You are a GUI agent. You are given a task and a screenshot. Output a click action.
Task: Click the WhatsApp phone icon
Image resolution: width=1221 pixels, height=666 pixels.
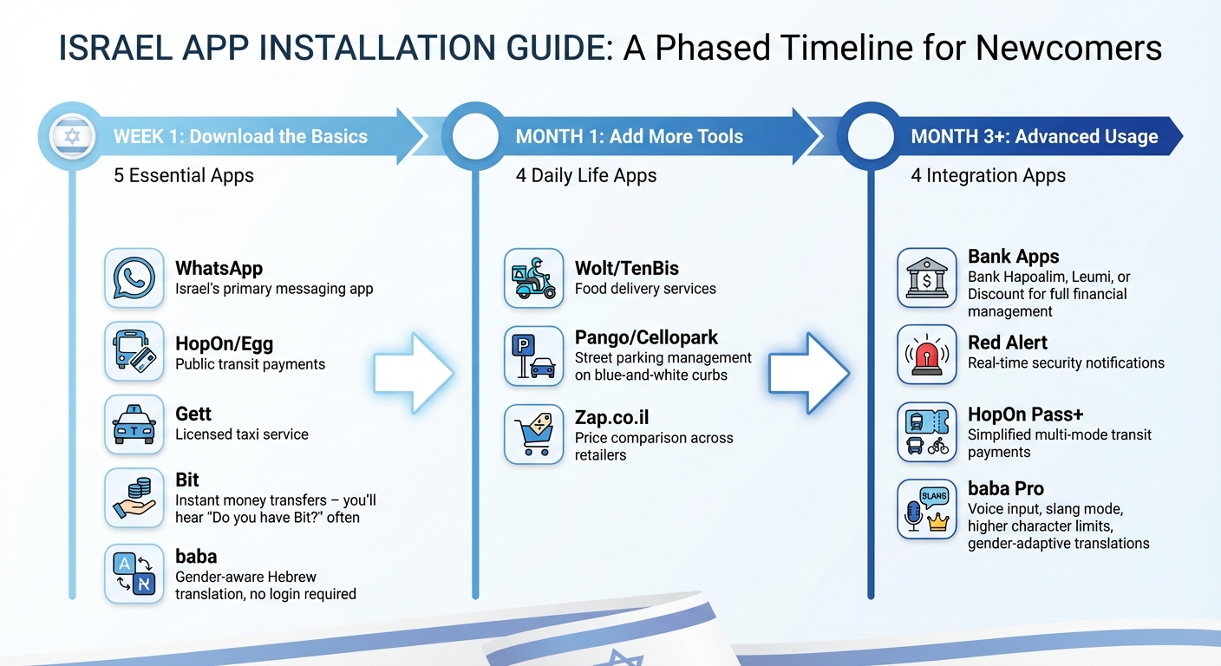pyautogui.click(x=134, y=278)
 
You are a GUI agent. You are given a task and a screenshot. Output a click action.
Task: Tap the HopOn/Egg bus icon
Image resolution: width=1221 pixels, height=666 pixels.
pyautogui.click(x=134, y=351)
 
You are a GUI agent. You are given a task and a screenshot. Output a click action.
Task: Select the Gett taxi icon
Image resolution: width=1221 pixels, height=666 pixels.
pyautogui.click(x=134, y=424)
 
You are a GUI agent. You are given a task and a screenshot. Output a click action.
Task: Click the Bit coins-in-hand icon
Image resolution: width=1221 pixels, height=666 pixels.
pyautogui.click(x=134, y=497)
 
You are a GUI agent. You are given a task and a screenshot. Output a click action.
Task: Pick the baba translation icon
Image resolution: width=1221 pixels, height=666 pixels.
pyautogui.click(x=134, y=573)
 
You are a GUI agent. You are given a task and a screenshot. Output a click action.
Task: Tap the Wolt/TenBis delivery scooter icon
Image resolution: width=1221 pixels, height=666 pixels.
pyautogui.click(x=533, y=278)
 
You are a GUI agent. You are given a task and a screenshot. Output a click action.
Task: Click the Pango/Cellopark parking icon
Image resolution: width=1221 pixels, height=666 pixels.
pyautogui.click(x=533, y=356)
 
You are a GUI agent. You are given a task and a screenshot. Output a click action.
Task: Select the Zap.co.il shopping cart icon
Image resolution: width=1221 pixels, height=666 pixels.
pyautogui.click(x=533, y=434)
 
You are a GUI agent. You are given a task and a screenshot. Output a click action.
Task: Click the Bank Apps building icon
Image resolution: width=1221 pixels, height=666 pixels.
pyautogui.click(x=926, y=278)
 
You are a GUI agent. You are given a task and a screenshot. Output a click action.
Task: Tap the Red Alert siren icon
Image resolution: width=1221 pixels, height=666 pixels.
pyautogui.click(x=926, y=355)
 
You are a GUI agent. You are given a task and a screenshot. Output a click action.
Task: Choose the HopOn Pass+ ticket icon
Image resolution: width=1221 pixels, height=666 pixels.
pyautogui.click(x=926, y=432)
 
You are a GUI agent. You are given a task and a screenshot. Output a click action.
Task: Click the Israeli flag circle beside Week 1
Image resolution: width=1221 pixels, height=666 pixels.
pyautogui.click(x=71, y=137)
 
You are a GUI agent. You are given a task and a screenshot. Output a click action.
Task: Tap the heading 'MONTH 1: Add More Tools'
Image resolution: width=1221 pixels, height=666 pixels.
pyautogui.click(x=629, y=137)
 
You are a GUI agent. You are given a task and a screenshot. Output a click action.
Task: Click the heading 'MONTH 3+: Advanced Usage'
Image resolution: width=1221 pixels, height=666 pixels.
pyautogui.click(x=1034, y=137)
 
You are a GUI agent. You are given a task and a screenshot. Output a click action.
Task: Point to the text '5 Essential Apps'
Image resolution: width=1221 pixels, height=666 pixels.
pyautogui.click(x=184, y=176)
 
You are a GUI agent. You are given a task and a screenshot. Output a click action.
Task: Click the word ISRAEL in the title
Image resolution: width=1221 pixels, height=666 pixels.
pyautogui.click(x=116, y=49)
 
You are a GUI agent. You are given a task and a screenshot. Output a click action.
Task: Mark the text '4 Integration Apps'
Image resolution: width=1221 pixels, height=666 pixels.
pyautogui.click(x=988, y=176)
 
